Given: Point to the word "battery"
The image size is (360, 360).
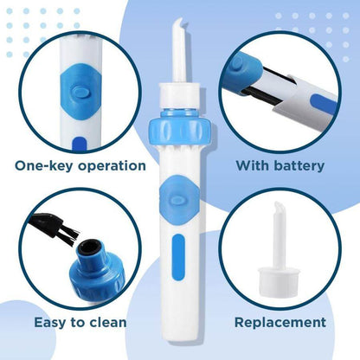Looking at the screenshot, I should pos(299,166).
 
